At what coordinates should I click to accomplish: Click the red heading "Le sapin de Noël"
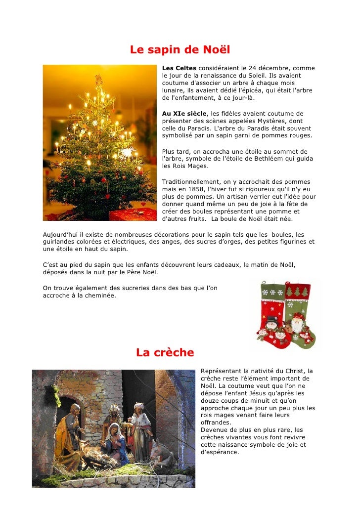180,50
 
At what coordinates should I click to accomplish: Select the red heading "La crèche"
165,352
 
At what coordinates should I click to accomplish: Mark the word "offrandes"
216,423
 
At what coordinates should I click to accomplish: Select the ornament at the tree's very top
98,79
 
